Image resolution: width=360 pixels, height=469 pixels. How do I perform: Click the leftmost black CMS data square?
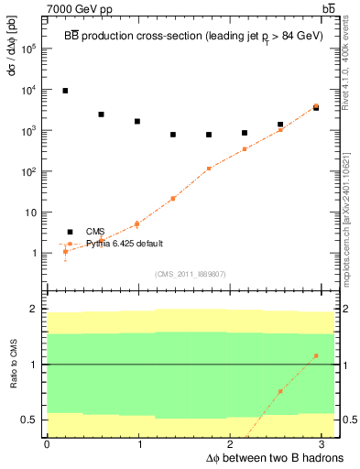tap(65, 91)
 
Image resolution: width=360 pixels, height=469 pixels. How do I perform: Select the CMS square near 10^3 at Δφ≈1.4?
tap(173, 135)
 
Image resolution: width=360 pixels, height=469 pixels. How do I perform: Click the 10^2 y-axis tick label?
tap(27, 171)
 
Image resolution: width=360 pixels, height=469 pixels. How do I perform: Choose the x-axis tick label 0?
tap(47, 444)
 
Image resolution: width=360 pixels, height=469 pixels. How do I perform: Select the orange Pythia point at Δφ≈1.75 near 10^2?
tap(209, 169)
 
